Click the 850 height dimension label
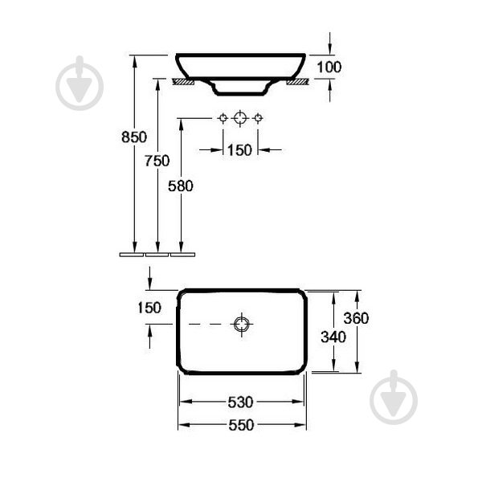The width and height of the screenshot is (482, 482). pos(134,137)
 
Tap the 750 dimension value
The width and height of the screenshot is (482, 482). pos(157,161)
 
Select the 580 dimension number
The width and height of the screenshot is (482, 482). pos(181,186)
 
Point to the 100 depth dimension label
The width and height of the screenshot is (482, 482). pos(329,67)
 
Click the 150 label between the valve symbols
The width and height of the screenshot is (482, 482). pos(239,150)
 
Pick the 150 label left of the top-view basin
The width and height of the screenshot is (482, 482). pos(149,308)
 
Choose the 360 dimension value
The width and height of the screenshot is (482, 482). pos(356,318)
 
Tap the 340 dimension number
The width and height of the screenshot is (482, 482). pos(333,337)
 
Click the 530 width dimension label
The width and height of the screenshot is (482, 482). pos(240,402)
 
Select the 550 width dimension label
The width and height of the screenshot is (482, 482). pos(241,425)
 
